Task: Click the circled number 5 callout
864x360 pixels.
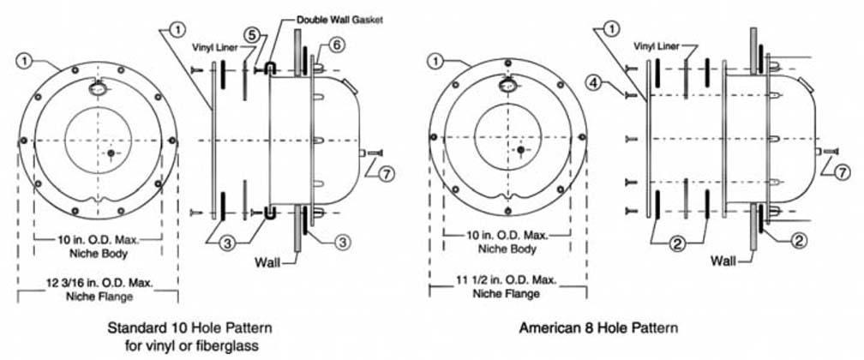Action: coord(252,36)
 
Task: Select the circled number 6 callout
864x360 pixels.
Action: coord(336,43)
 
